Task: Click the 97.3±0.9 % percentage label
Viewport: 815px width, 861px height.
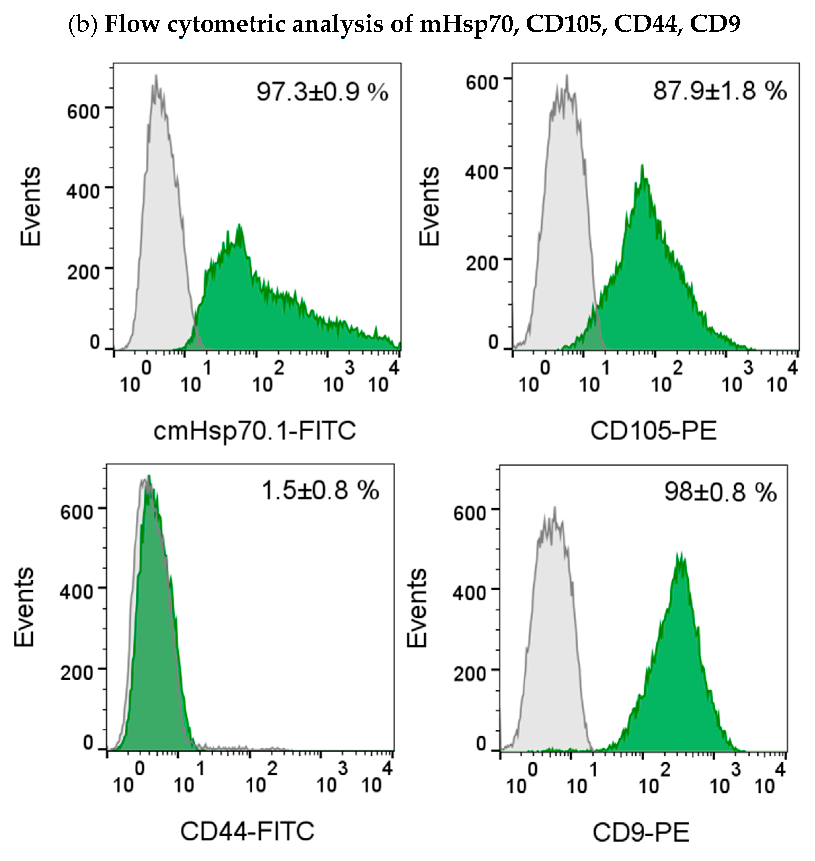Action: click(322, 93)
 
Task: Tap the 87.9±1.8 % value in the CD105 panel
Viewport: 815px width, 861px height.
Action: click(719, 91)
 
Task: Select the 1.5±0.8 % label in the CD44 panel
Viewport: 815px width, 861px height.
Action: click(320, 490)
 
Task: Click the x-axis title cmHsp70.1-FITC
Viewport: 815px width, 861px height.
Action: click(254, 431)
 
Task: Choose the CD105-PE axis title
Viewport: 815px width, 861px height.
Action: click(653, 431)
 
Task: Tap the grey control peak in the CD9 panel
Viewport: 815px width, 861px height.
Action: click(554, 509)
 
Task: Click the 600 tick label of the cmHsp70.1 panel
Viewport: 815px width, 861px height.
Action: click(83, 112)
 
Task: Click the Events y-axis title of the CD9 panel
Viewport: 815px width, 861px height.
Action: click(417, 608)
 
